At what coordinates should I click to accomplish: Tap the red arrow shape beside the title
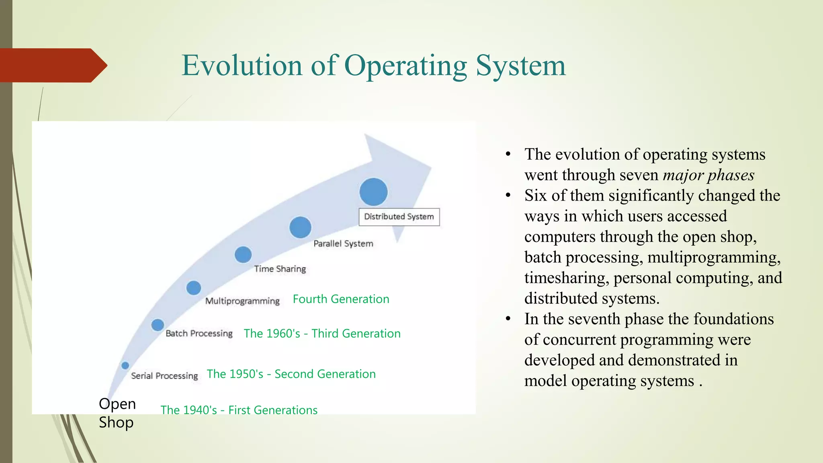52,66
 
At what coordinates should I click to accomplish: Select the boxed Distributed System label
399,217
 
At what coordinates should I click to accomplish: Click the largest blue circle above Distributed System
373,192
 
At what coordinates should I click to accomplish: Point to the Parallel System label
343,244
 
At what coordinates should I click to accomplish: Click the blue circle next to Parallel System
300,227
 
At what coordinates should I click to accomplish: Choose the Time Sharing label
280,269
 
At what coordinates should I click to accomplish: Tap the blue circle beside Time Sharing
243,255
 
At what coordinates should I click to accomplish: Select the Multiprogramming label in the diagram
242,301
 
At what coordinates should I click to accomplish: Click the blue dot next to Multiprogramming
194,288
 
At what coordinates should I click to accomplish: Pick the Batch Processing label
199,334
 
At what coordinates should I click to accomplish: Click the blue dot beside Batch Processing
158,325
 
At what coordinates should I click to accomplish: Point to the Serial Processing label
164,376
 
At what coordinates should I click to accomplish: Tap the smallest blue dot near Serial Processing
125,365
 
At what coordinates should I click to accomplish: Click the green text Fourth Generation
341,299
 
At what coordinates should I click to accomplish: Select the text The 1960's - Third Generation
322,334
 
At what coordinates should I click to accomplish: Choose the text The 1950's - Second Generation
291,374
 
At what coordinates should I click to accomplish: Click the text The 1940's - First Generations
239,410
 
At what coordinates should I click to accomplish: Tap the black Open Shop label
117,413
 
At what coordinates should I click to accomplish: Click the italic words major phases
708,175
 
